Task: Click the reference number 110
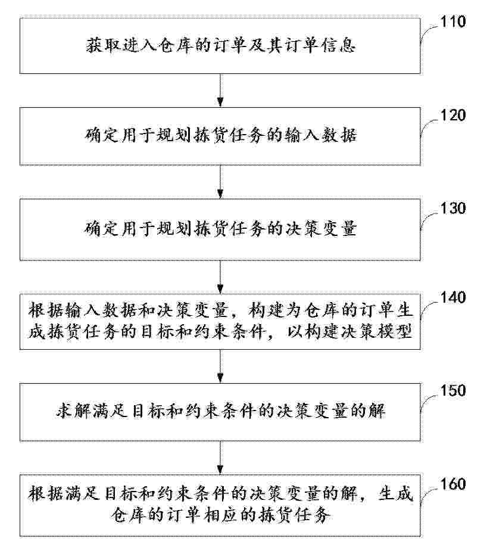tap(453, 21)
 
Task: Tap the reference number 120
tap(453, 115)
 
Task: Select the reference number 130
tap(453, 208)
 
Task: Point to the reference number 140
tap(453, 297)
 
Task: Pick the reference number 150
tap(453, 390)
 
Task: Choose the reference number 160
tap(453, 484)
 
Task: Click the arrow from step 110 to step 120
tap(220, 91)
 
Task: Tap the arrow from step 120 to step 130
tap(220, 182)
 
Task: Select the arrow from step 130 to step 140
tap(220, 277)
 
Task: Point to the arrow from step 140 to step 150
tap(220, 366)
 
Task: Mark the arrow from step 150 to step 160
tap(220, 458)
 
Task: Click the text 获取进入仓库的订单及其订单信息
tap(221, 45)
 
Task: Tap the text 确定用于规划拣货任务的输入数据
tap(221, 135)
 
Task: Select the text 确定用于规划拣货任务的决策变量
tap(221, 228)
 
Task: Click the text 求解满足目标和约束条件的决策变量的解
tap(221, 411)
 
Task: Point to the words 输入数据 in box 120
tap(321, 135)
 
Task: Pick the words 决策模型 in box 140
tap(376, 332)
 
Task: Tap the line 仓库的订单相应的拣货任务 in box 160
tap(221, 515)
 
